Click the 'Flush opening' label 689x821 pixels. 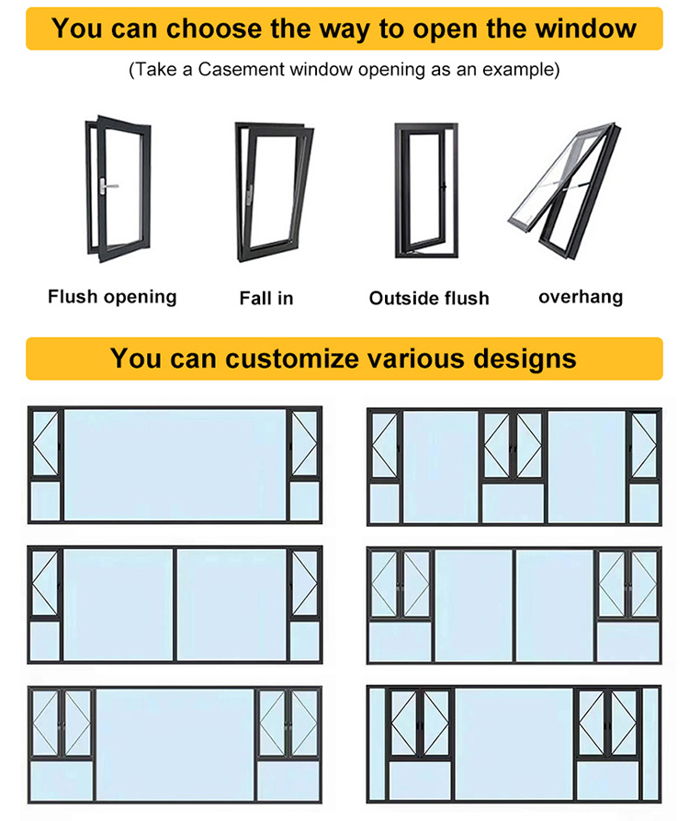[112, 297]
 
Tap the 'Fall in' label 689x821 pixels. [266, 298]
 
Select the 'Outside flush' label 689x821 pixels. [429, 298]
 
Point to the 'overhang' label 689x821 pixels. [581, 297]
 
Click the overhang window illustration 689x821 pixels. [564, 190]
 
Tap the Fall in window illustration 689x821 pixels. [274, 191]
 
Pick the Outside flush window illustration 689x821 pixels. [426, 190]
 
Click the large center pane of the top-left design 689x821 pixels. [175, 465]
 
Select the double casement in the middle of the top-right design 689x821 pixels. [514, 446]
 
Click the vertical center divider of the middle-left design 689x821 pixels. [175, 605]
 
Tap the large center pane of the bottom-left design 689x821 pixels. [175, 745]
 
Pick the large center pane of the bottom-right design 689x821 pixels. [514, 744]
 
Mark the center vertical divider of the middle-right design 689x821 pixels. [514, 605]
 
